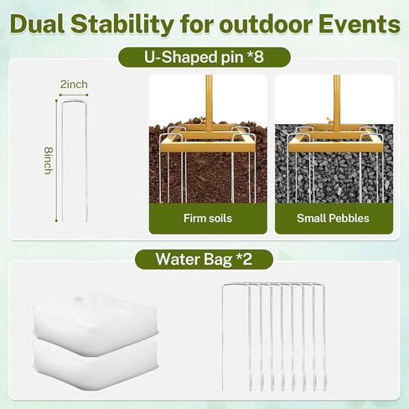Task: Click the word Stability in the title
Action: [x=122, y=24]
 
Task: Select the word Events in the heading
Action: [x=360, y=24]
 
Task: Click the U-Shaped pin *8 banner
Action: [x=204, y=57]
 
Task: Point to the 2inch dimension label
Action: [x=74, y=85]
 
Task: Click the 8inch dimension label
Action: [x=49, y=161]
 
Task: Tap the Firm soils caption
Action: [x=208, y=218]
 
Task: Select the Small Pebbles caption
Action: [x=333, y=218]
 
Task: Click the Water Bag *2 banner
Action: [x=204, y=259]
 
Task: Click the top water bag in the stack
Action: [x=96, y=324]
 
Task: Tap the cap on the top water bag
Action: [x=78, y=299]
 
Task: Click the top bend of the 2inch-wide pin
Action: [x=75, y=102]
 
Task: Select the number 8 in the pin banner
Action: [x=258, y=57]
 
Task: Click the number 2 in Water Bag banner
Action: [x=247, y=259]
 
